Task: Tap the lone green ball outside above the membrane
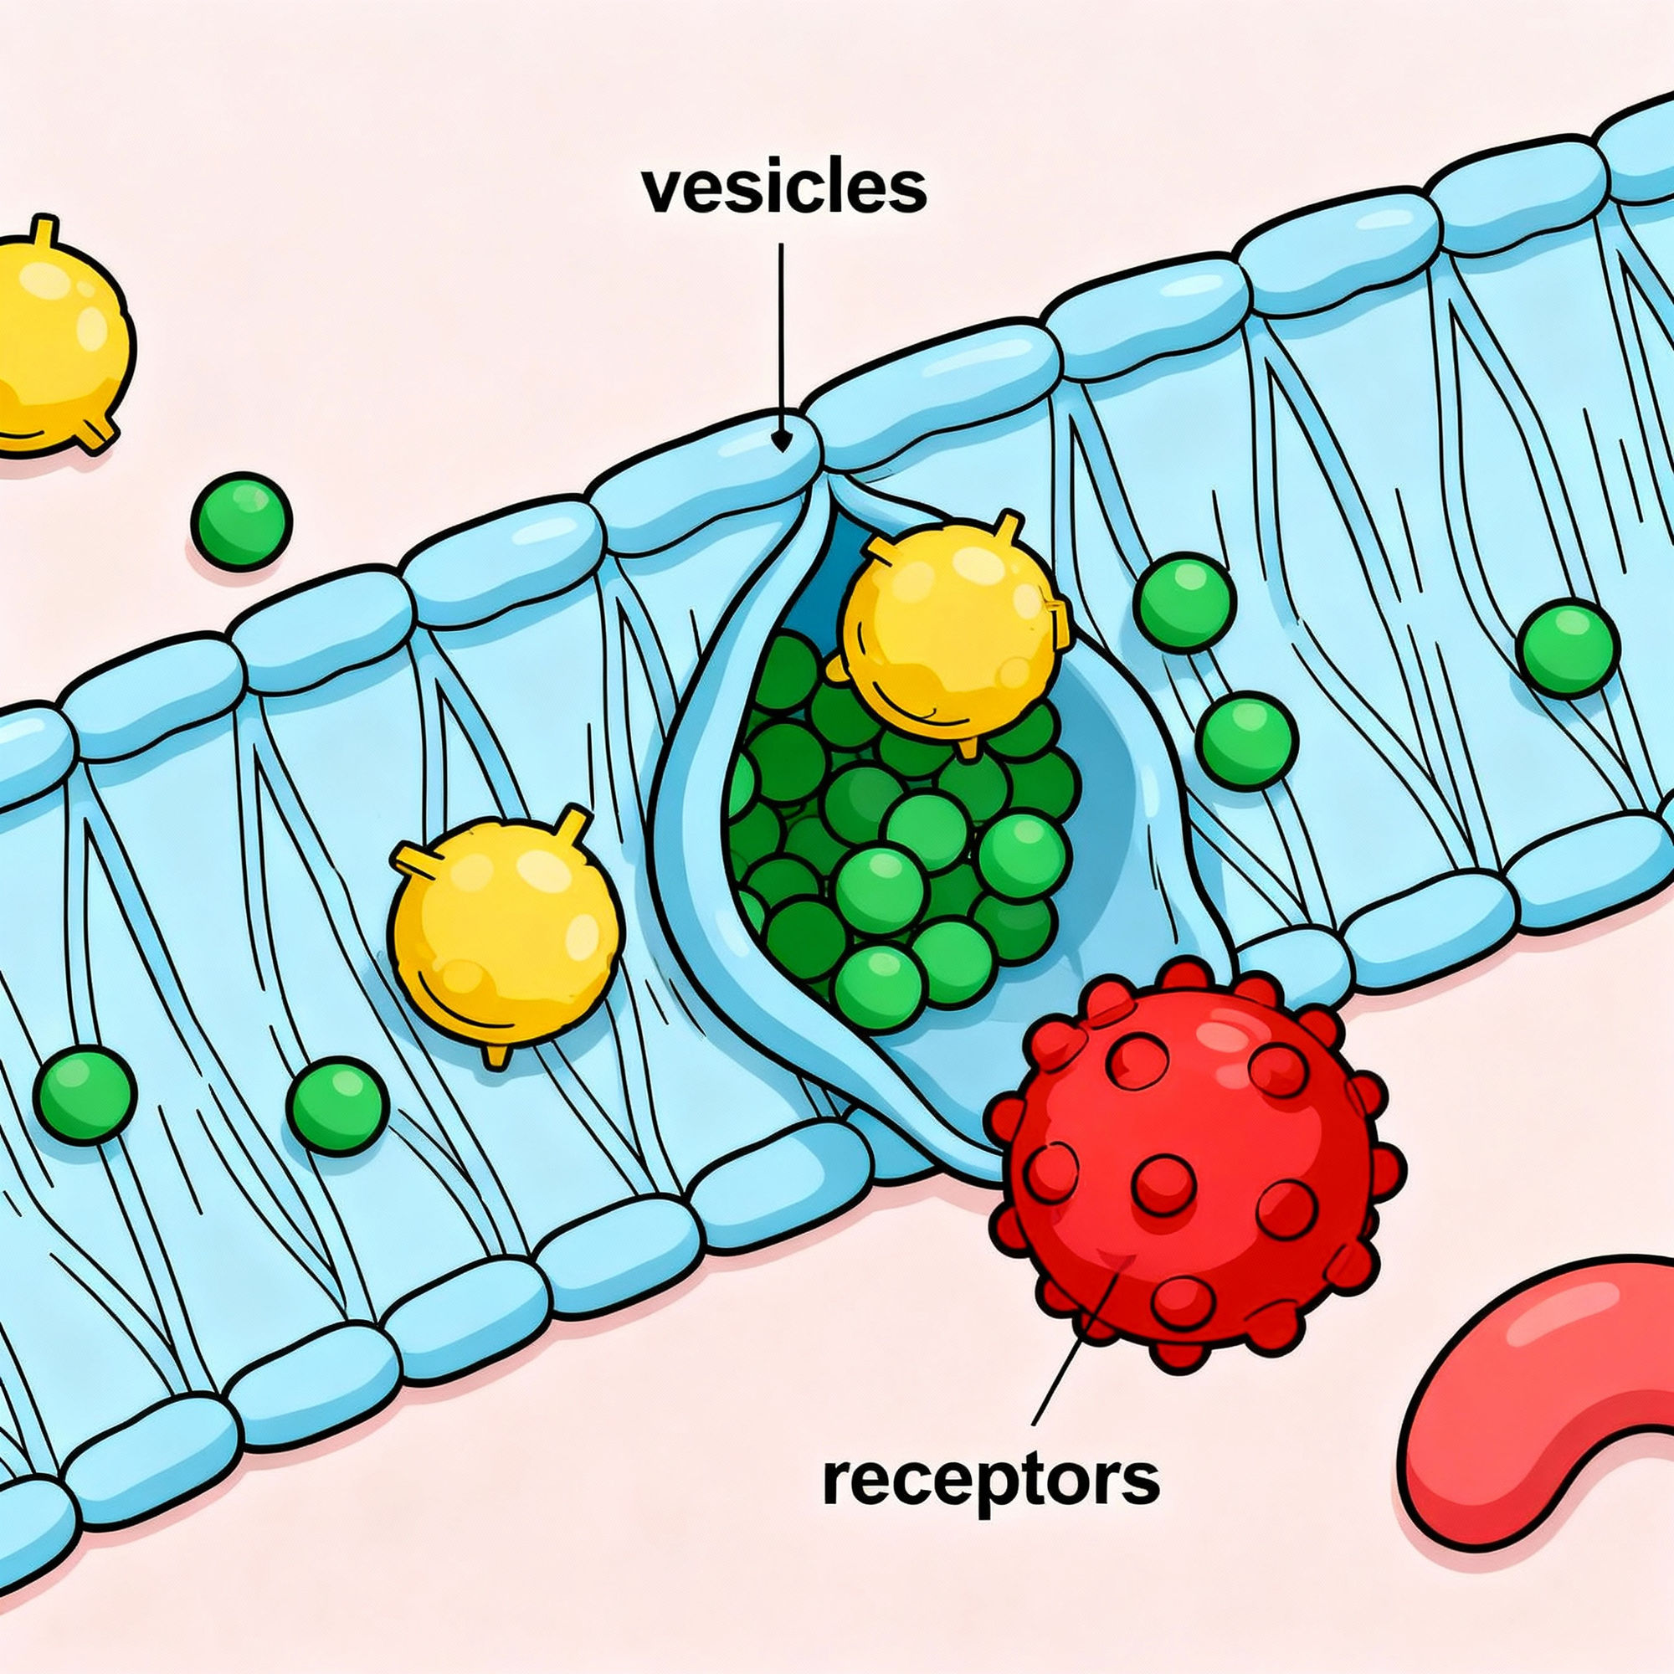coord(242,520)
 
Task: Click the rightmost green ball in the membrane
coord(1569,647)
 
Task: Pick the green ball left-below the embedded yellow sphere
coord(336,1104)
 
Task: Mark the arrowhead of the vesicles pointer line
coord(782,442)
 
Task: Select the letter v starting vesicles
coord(660,193)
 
